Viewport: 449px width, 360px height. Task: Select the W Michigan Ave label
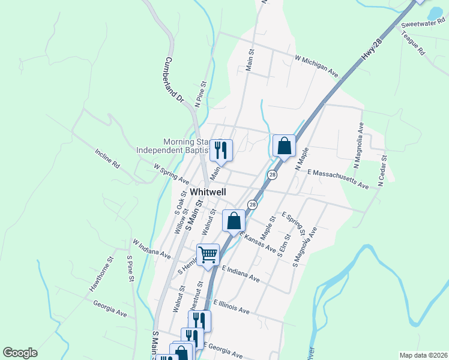pos(316,66)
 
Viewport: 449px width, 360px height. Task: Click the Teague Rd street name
pos(414,45)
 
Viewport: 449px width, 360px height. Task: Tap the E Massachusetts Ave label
pos(337,179)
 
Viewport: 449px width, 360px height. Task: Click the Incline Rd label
pos(107,157)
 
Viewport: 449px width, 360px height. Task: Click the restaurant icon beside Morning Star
pos(221,150)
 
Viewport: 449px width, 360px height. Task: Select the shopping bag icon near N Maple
pos(284,146)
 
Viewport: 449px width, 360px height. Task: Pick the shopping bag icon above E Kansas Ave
pos(234,220)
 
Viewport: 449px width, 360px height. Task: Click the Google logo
pos(20,353)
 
